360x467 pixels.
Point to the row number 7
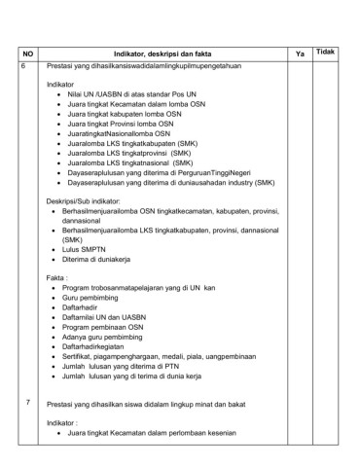coord(27,402)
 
